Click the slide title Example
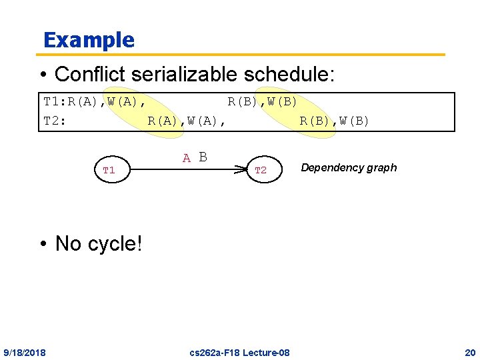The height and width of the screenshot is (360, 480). click(89, 40)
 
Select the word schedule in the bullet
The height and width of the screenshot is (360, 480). click(295, 74)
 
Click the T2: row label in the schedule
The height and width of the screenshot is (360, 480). click(54, 121)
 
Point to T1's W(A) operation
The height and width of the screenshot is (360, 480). click(127, 102)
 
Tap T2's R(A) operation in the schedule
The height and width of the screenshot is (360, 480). click(163, 121)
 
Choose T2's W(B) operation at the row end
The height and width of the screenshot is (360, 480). click(354, 121)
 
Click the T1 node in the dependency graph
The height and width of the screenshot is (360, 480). click(109, 171)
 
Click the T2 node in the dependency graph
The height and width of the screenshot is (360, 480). click(261, 171)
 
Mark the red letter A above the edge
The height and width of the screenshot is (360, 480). click(187, 159)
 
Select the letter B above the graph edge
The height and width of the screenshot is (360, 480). click(203, 157)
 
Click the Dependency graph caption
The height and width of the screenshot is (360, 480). click(349, 168)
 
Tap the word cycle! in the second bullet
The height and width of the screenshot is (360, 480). click(114, 243)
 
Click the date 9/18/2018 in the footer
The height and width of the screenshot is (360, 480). click(25, 352)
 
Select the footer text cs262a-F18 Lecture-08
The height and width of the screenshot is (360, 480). click(239, 352)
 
